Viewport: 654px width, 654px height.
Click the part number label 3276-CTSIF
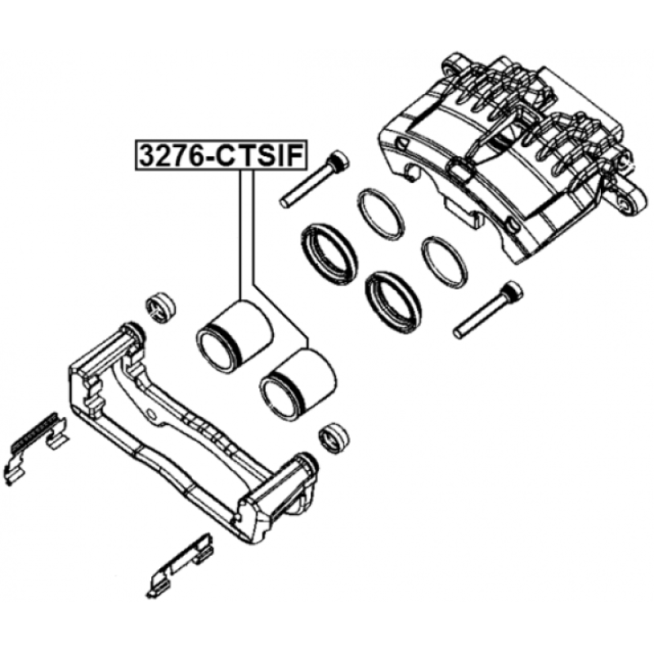tap(221, 155)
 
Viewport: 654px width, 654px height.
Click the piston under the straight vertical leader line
tap(235, 336)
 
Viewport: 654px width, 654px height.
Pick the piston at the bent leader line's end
tap(298, 384)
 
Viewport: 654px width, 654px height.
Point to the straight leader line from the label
tap(240, 235)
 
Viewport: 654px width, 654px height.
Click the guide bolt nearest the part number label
tap(315, 178)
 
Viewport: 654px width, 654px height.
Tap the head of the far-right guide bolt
tap(513, 290)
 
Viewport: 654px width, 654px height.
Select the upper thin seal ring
tap(380, 214)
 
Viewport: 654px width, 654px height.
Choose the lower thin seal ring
tap(445, 262)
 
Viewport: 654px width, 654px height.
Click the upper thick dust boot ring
tap(329, 254)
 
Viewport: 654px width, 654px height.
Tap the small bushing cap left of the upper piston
tap(160, 307)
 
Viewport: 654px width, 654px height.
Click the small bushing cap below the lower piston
tap(334, 439)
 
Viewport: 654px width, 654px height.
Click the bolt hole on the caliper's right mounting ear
tap(625, 203)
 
